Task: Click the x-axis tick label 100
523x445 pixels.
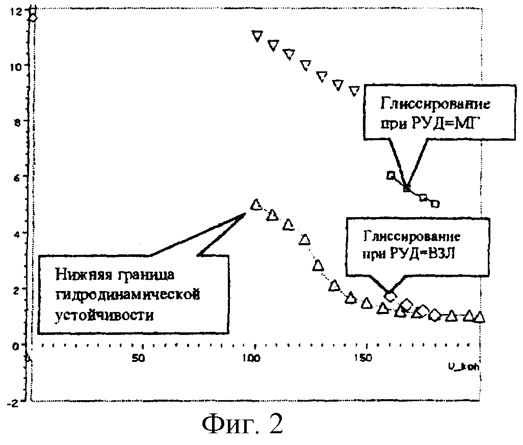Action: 250,358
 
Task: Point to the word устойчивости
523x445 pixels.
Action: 103,315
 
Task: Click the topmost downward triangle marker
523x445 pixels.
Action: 257,36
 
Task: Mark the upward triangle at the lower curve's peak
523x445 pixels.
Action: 256,204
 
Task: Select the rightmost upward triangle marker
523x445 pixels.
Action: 479,317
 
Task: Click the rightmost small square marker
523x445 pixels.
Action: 434,204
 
